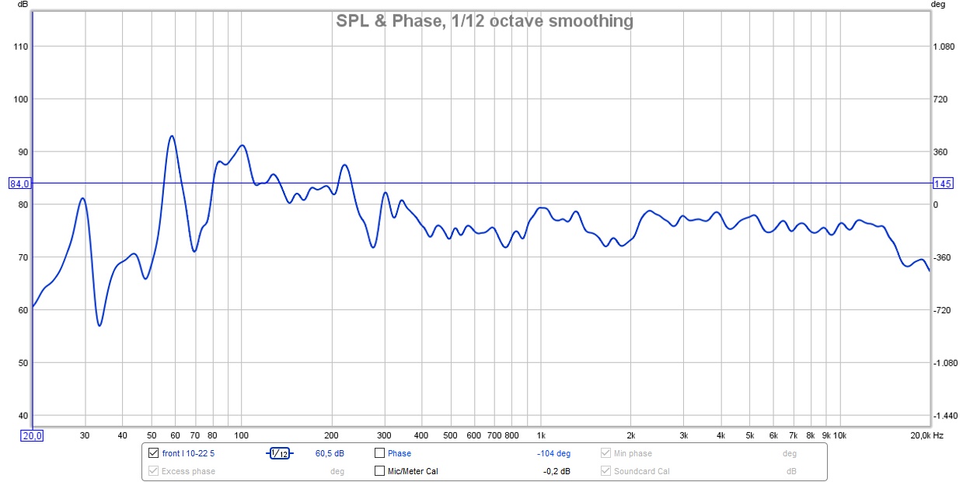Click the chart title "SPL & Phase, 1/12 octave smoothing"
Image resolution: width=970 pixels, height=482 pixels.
pyautogui.click(x=484, y=21)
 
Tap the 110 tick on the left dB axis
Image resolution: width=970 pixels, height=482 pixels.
pyautogui.click(x=21, y=47)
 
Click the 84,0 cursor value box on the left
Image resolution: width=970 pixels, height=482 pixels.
pyautogui.click(x=19, y=184)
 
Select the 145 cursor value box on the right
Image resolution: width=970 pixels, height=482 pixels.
pyautogui.click(x=942, y=184)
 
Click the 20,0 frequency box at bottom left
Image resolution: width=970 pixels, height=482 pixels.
pyautogui.click(x=32, y=435)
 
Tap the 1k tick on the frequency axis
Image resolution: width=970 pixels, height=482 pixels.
pyautogui.click(x=541, y=435)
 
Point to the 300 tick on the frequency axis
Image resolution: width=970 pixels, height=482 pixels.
pyautogui.click(x=384, y=435)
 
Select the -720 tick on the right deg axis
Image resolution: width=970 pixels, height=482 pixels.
pyautogui.click(x=943, y=310)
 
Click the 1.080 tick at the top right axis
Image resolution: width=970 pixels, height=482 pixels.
pyautogui.click(x=943, y=47)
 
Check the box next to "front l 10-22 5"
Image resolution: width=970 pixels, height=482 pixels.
pyautogui.click(x=153, y=453)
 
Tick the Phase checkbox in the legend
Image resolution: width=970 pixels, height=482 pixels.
pyautogui.click(x=379, y=453)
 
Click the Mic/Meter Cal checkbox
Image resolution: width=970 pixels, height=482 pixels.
pyautogui.click(x=379, y=471)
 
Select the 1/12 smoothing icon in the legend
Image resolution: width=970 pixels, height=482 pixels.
pyautogui.click(x=279, y=453)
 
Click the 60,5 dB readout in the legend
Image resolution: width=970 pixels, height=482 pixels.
pyautogui.click(x=330, y=453)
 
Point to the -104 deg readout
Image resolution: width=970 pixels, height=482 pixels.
pyautogui.click(x=553, y=453)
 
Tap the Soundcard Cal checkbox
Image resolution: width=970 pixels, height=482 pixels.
pyautogui.click(x=606, y=471)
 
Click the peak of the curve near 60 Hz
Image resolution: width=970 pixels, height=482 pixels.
pyautogui.click(x=172, y=136)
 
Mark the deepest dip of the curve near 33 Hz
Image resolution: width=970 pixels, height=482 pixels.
pyautogui.click(x=99, y=326)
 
